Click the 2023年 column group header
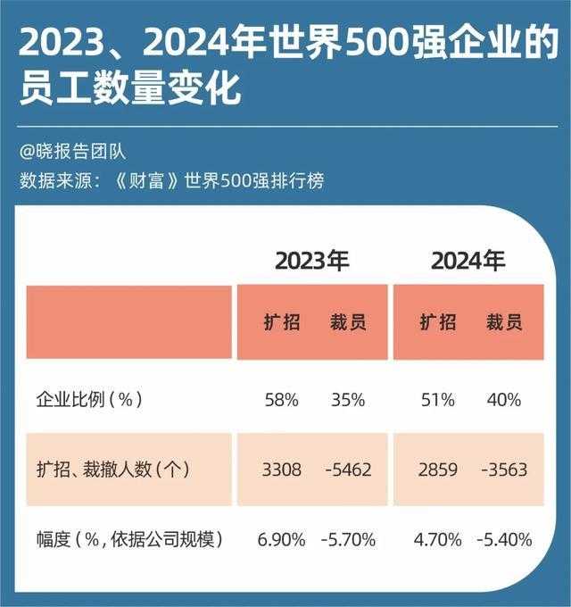pyautogui.click(x=311, y=262)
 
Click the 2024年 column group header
pyautogui.click(x=468, y=262)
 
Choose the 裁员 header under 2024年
pyautogui.click(x=504, y=322)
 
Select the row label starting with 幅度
pyautogui.click(x=128, y=539)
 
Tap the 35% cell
pyautogui.click(x=347, y=400)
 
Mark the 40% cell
pyautogui.click(x=504, y=400)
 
